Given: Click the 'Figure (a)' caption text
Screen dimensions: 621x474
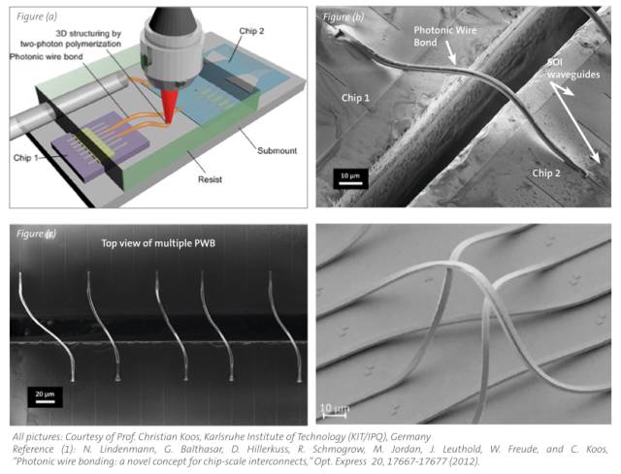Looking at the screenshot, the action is [37, 16].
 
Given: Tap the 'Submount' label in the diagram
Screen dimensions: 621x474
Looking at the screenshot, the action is [277, 151].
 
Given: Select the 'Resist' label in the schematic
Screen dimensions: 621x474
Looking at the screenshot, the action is [210, 179].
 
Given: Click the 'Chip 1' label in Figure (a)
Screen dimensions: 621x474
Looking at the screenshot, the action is [26, 158].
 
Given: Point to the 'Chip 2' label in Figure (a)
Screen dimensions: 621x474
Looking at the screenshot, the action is [251, 31].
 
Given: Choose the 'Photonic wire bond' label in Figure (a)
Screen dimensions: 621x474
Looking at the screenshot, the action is [47, 56].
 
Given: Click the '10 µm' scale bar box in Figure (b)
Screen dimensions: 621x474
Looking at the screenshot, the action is [350, 178].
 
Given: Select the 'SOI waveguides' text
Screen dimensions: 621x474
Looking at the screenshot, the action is [573, 69].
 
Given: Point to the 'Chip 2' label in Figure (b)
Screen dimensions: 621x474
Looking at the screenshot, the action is [546, 173].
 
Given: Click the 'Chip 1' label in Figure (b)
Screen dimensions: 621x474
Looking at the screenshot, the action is [356, 98].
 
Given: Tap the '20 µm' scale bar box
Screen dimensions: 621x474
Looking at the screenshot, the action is [45, 396].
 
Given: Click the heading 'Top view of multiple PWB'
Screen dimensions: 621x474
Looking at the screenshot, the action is [158, 243].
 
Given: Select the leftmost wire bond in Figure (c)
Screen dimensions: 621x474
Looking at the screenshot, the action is [46, 327].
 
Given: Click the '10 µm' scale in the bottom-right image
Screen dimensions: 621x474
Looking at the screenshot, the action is [334, 411].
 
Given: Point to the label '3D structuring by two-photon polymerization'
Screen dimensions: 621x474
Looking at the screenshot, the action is [71, 39].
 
